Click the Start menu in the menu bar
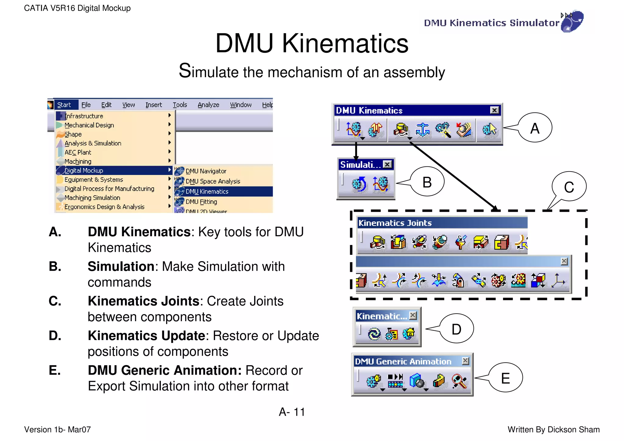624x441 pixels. point(64,105)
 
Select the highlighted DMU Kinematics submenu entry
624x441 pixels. point(207,191)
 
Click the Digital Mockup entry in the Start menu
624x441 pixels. point(84,170)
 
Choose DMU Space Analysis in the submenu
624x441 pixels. point(213,181)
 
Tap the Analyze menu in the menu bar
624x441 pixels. point(208,105)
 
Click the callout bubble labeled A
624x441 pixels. point(535,128)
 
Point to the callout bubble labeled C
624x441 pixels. point(569,187)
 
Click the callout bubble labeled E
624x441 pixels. point(505,378)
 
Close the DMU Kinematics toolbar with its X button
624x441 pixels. point(495,110)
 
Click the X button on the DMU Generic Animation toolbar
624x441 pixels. point(465,361)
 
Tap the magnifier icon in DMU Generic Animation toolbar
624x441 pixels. point(459,381)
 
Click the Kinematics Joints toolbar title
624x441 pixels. point(395,223)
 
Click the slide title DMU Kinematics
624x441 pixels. point(312,43)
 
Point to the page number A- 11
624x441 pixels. point(292,412)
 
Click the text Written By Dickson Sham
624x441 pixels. point(553,429)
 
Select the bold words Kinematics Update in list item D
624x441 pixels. point(147,336)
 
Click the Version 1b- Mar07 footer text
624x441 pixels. point(58,429)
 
